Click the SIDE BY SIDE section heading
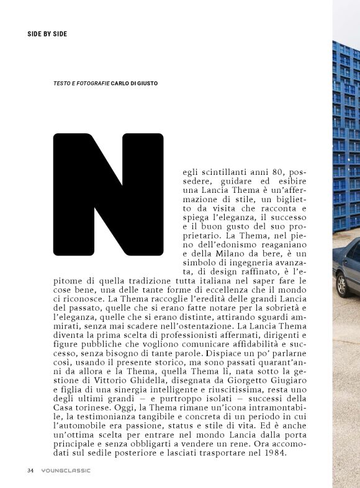[x=47, y=33]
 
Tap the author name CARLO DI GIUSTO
[x=140, y=82]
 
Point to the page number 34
[x=30, y=470]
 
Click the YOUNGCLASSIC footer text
[x=66, y=470]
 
